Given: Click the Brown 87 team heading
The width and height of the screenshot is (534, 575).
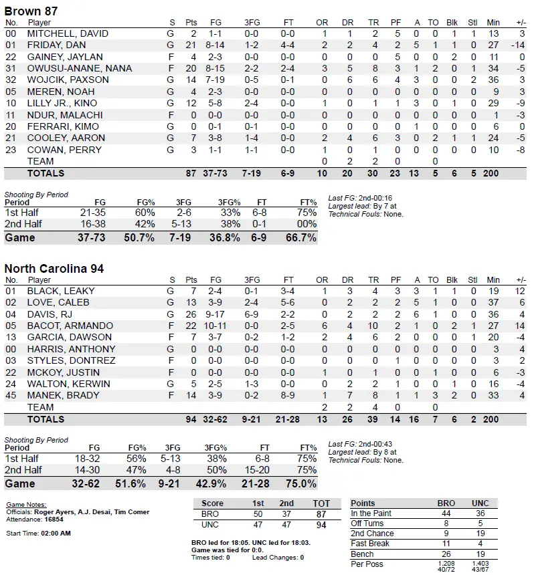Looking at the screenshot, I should click(x=31, y=11).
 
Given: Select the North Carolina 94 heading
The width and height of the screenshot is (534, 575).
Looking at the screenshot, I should click(x=54, y=268).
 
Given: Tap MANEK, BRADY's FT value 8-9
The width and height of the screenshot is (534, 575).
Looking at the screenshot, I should click(x=288, y=395).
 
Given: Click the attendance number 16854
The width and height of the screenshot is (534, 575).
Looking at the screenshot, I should click(x=53, y=519).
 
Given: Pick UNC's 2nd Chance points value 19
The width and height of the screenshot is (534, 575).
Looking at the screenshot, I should click(x=480, y=534).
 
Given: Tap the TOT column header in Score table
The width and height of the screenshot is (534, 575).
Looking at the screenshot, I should click(x=322, y=503).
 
